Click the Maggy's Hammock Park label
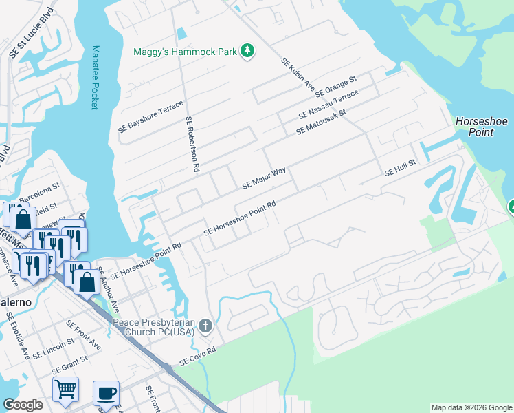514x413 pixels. (185, 51)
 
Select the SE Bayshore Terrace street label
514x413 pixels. (151, 118)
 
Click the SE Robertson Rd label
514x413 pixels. (192, 144)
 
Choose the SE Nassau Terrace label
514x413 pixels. (328, 104)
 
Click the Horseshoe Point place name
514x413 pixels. (481, 127)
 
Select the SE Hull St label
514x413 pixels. (401, 169)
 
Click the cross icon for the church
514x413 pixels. (205, 326)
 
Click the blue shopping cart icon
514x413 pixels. (65, 389)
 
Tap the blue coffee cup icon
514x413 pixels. (106, 393)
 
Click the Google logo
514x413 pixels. (23, 405)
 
